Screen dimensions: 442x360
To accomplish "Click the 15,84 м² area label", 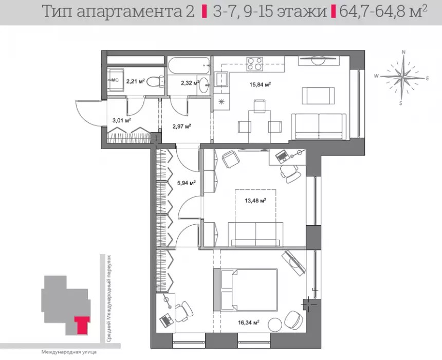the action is (260, 84).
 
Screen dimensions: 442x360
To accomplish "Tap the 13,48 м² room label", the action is (255, 201).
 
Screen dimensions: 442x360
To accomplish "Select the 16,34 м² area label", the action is (249, 322).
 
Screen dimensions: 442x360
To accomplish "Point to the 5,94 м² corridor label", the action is (187, 183).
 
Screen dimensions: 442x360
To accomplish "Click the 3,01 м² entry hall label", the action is (121, 120).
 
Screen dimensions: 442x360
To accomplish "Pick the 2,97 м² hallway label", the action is (181, 126).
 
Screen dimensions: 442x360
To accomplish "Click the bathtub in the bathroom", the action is (189, 66).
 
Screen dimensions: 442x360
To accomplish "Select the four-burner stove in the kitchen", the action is (255, 64).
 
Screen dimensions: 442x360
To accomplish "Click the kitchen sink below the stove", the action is (222, 79).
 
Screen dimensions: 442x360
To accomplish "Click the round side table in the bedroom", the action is (275, 325).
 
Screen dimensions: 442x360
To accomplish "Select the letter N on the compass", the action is (403, 52).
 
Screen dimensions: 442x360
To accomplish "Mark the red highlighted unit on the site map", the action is (82, 325).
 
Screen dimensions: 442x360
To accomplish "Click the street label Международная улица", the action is (69, 352).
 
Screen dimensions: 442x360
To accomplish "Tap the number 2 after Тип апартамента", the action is (190, 11).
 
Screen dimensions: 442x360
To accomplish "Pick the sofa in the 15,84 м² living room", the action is (319, 127).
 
